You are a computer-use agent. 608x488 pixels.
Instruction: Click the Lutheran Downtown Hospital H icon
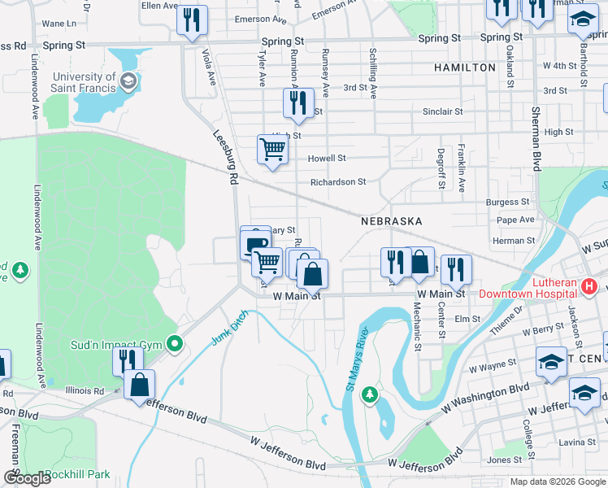[590, 287]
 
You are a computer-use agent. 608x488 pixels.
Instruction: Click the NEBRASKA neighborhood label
[392, 220]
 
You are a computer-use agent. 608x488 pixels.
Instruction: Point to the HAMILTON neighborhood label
[464, 67]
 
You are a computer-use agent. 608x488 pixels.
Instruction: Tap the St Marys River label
[355, 359]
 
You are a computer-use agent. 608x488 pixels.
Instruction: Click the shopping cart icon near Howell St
[272, 149]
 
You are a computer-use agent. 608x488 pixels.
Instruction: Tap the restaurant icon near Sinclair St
[297, 102]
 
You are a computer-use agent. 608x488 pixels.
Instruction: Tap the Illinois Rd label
[87, 390]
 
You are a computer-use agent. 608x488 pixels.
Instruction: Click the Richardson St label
[338, 182]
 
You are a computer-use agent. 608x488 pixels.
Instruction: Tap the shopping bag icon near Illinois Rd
[140, 386]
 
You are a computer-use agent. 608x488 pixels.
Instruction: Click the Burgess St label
[507, 202]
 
